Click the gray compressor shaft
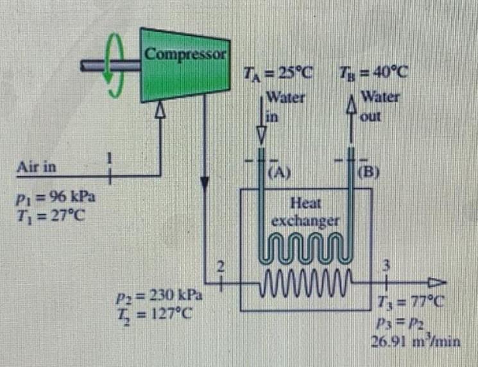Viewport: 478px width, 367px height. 96,65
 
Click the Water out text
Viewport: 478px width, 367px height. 379,106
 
